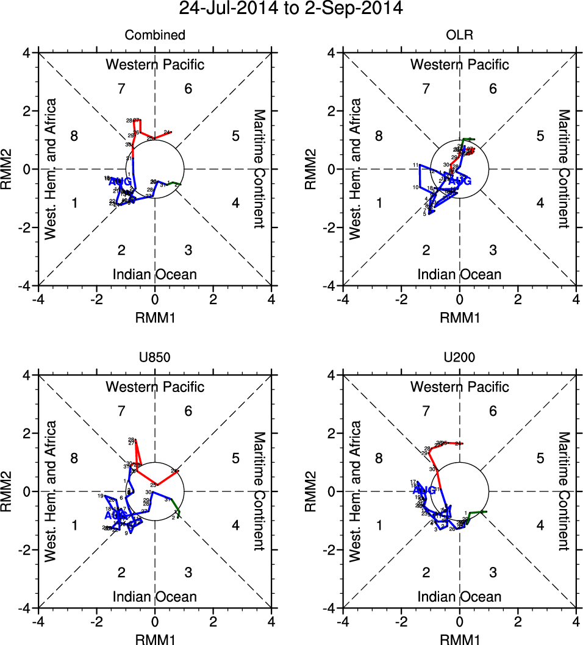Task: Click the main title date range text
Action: [291, 9]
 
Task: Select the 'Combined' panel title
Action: [155, 35]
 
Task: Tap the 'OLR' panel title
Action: [459, 35]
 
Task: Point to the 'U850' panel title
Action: [155, 358]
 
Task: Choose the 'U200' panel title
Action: [459, 358]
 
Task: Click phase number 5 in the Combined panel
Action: [235, 136]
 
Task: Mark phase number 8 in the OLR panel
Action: [379, 136]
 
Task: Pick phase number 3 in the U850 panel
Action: [188, 572]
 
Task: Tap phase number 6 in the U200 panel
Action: [493, 412]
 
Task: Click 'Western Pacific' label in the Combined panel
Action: [155, 65]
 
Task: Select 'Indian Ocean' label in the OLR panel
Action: [459, 274]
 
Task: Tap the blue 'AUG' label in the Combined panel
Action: [120, 182]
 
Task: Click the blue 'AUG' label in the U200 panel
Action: [424, 490]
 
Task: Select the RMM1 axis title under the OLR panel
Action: [459, 318]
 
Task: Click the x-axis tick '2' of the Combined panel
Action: [213, 299]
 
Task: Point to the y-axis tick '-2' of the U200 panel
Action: [332, 550]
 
